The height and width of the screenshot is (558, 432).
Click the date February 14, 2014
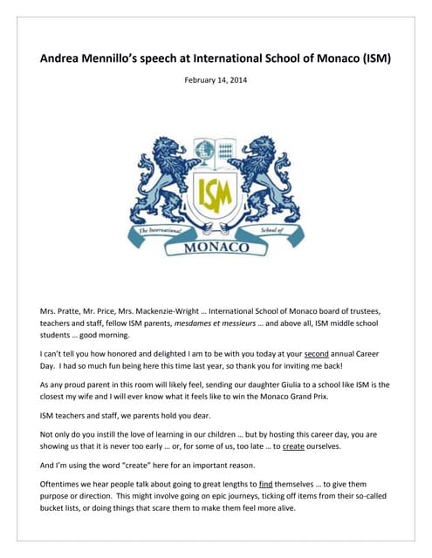click(216, 80)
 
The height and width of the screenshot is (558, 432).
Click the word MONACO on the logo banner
click(216, 248)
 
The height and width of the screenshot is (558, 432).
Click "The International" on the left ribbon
click(154, 228)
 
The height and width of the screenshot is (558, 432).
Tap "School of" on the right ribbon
click(275, 228)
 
